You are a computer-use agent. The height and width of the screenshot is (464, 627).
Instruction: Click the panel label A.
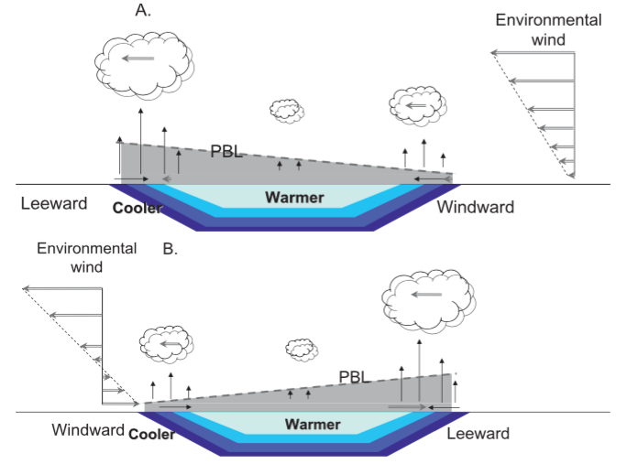(x=142, y=10)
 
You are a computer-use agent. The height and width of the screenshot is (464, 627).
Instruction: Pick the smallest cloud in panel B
(x=302, y=349)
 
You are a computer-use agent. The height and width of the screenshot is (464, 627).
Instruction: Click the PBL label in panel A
(x=227, y=151)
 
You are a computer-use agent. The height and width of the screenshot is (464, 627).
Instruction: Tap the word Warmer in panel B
(x=313, y=425)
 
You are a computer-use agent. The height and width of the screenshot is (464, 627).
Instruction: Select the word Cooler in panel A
(x=137, y=208)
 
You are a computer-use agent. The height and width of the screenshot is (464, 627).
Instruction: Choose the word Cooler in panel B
(x=152, y=434)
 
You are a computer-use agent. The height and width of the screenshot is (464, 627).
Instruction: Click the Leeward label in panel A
(x=54, y=203)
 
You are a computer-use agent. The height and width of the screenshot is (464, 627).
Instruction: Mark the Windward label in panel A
(x=475, y=207)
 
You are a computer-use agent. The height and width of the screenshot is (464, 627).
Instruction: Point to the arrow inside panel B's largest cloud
(x=427, y=295)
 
